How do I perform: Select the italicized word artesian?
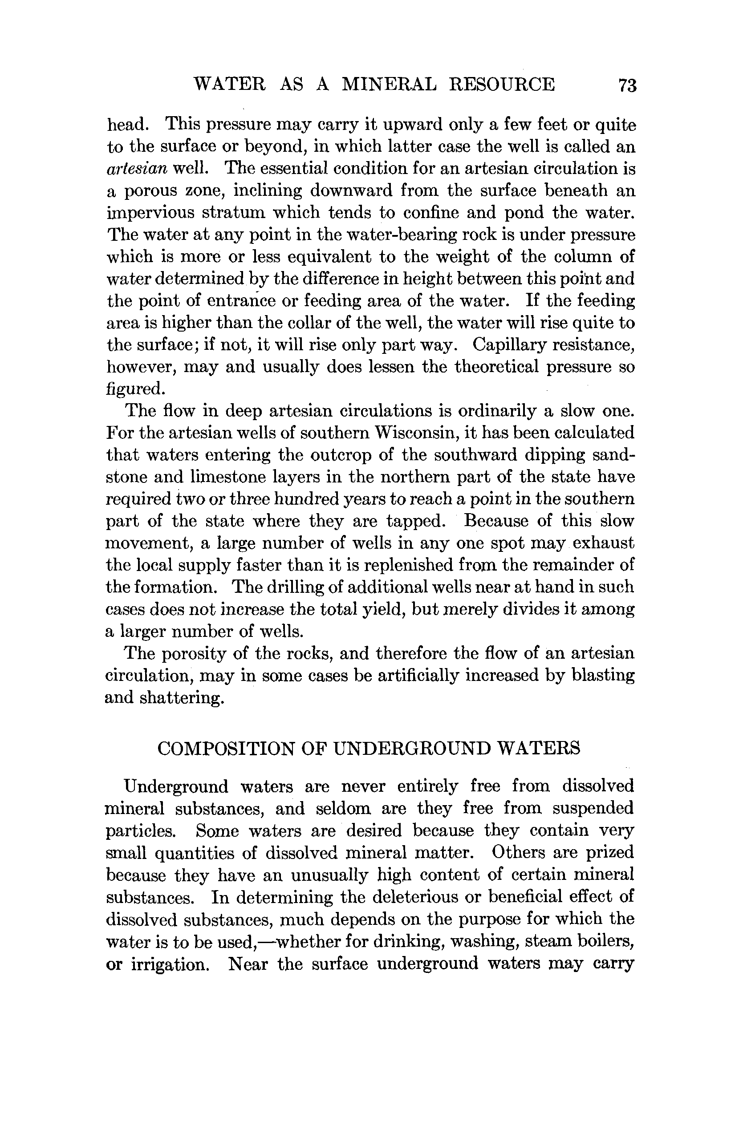(137, 169)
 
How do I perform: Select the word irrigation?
(170, 963)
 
